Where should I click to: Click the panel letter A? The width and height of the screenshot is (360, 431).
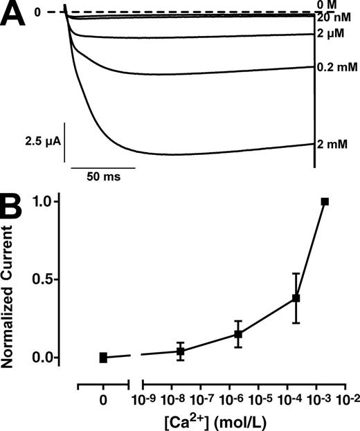[x=15, y=15]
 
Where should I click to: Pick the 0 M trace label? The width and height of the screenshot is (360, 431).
[x=330, y=6]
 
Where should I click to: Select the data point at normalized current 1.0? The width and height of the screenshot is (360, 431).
[x=325, y=201]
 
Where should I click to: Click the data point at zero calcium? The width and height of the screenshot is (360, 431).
[x=103, y=358]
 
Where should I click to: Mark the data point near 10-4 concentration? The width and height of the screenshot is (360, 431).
[x=296, y=298]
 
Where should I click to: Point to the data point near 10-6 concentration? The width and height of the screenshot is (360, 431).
[x=238, y=334]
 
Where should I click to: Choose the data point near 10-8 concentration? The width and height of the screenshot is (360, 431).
[x=181, y=351]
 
